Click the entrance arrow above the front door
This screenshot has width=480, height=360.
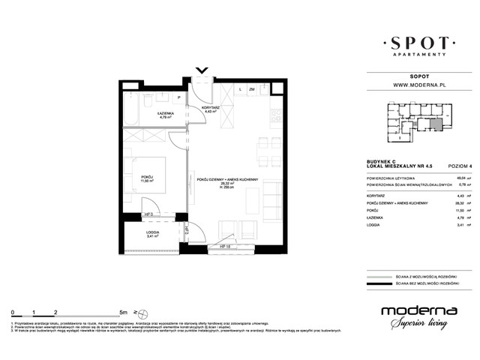201,71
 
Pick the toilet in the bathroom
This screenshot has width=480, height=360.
150,98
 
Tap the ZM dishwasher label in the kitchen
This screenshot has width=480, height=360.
252,89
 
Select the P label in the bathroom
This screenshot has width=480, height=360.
178,98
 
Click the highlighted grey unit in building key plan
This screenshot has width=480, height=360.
434,124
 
